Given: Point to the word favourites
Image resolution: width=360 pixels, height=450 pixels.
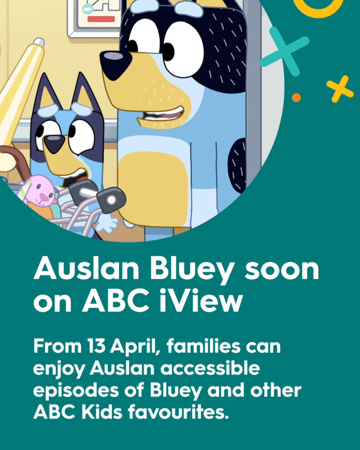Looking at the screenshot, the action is [x=178, y=412].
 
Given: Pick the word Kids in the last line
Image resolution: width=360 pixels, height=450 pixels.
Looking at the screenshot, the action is [x=102, y=412].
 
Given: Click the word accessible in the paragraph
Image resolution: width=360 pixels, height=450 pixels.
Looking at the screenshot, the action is [x=210, y=368].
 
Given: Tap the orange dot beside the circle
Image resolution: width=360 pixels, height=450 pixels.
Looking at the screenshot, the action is [x=296, y=97].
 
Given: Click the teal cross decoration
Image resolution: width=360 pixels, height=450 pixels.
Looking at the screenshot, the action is [x=284, y=51].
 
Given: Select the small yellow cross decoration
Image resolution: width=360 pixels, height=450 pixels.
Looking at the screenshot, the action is [x=340, y=89].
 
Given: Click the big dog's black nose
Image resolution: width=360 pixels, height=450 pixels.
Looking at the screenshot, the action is [x=115, y=64].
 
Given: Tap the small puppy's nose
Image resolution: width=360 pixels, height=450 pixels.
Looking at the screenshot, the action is [x=54, y=143].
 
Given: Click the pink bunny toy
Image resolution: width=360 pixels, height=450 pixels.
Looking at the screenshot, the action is [x=37, y=191].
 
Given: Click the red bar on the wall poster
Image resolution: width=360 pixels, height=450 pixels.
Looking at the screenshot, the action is [x=101, y=19].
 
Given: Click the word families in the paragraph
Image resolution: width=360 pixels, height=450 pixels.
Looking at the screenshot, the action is [x=203, y=346].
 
